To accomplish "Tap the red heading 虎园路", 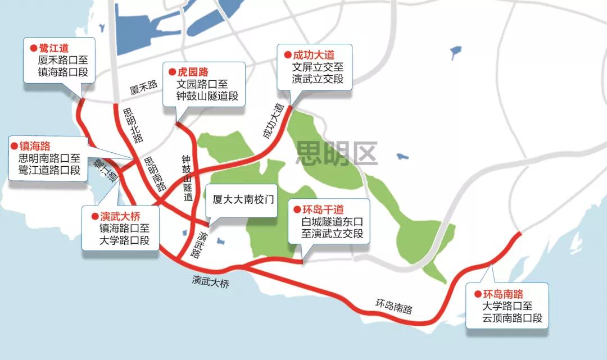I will [193, 72].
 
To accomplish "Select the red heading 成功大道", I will [313, 55].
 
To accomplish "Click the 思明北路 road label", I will [133, 125].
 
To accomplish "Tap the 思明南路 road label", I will [153, 175].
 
